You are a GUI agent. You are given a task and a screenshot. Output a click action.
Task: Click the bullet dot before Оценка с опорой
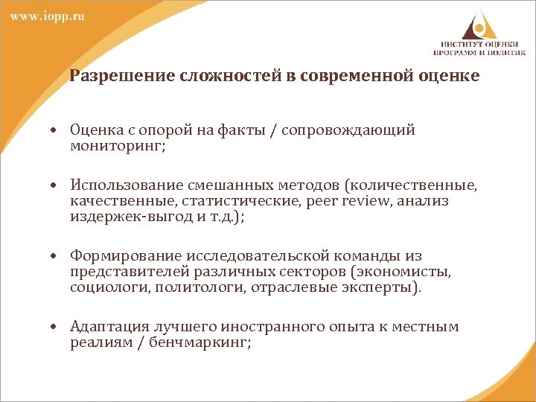56,131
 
